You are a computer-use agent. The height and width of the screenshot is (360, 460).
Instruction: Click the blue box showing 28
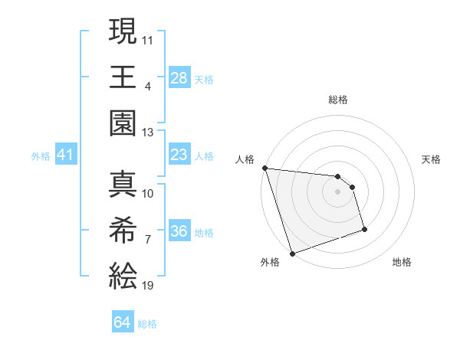point(179,77)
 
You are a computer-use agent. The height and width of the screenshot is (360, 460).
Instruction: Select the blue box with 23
point(179,155)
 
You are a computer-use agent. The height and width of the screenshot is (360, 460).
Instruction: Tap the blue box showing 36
point(179,232)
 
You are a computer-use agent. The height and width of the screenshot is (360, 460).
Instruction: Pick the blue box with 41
point(66,155)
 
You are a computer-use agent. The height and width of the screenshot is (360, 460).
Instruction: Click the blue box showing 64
point(123,322)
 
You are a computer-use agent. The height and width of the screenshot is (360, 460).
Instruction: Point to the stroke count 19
point(149,286)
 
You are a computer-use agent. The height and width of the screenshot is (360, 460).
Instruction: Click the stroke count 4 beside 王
point(148,86)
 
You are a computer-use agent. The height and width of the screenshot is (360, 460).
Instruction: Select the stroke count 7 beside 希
point(148,240)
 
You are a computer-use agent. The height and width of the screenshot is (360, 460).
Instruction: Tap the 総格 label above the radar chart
point(338,100)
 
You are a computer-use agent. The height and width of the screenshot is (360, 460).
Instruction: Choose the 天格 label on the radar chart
point(432,159)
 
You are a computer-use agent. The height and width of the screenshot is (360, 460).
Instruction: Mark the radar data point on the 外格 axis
point(293,253)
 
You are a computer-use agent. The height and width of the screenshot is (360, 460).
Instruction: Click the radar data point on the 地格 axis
point(364,229)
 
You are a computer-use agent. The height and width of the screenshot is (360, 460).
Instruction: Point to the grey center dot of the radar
point(338,191)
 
